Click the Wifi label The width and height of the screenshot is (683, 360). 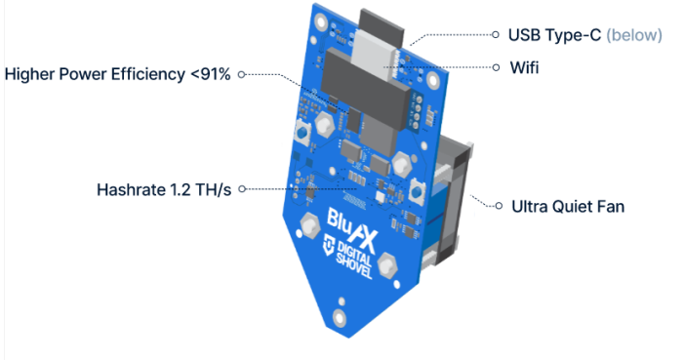[524, 67]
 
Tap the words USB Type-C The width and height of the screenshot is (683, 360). [554, 35]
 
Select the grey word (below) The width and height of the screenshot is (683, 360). [634, 35]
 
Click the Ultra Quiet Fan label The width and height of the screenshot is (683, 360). [568, 206]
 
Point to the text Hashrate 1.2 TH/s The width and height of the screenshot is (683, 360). [164, 190]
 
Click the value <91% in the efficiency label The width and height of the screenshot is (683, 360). [211, 74]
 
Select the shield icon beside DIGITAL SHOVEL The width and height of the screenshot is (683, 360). [328, 245]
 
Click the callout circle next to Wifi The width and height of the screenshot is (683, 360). [496, 67]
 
